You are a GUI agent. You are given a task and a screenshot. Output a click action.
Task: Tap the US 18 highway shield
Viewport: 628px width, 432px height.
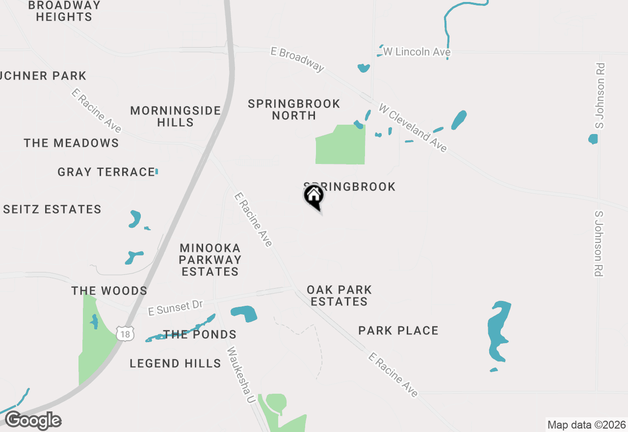(125, 334)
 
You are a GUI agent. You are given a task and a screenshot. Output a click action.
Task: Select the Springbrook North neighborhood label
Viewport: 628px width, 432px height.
(294, 109)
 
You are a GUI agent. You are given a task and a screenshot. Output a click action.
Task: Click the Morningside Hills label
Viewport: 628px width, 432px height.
(176, 116)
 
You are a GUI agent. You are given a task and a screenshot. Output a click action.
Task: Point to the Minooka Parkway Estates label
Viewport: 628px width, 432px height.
(210, 260)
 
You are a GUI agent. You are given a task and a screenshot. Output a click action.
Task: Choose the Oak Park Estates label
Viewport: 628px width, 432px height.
(339, 296)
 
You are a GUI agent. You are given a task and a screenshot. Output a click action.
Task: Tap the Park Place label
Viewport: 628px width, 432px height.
(398, 330)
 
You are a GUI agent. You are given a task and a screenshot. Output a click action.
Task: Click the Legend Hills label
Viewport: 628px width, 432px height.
(175, 363)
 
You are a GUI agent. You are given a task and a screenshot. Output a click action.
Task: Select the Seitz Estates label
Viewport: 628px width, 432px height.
(52, 209)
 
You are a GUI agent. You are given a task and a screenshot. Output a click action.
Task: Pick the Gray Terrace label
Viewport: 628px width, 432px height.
(106, 172)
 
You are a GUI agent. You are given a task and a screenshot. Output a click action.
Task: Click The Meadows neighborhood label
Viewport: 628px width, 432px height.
(71, 143)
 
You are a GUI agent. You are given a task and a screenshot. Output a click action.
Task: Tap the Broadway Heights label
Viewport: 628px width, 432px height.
(64, 11)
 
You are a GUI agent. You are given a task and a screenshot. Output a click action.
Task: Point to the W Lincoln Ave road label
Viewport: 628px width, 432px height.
(417, 52)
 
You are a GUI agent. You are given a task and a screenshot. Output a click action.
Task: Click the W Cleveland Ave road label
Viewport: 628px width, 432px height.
(413, 128)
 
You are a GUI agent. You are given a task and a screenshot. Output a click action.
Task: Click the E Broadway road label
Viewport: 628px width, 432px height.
(298, 59)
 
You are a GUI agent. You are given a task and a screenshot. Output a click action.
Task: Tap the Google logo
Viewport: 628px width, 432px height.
(33, 421)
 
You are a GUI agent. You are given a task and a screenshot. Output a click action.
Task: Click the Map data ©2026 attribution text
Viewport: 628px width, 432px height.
(587, 425)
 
